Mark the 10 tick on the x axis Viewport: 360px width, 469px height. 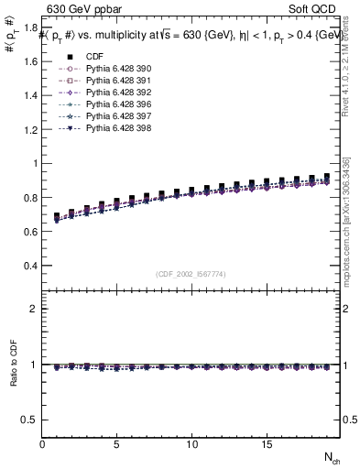tap(191, 444)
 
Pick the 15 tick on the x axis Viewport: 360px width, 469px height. tap(266, 444)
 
